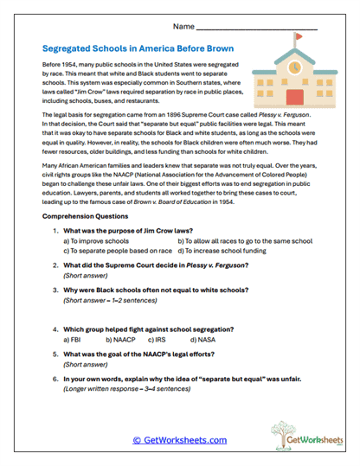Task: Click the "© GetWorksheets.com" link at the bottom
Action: click(179, 439)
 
